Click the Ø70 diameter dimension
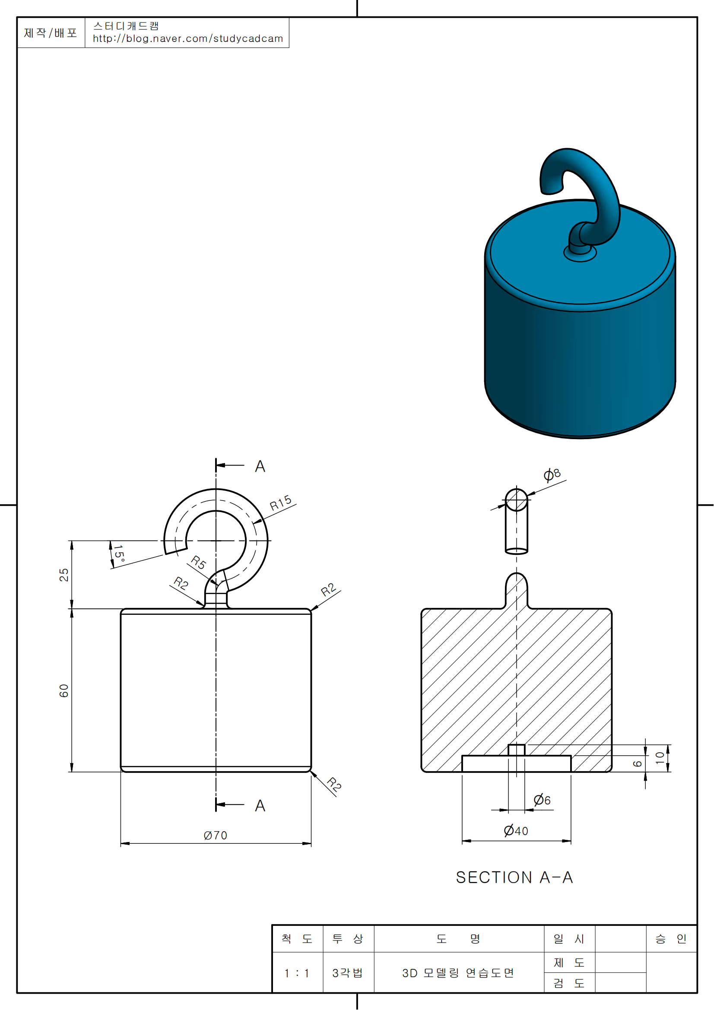pos(216,836)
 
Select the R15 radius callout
pos(281,503)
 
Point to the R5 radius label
pos(199,563)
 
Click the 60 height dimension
pos(64,690)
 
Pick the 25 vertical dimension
pos(64,575)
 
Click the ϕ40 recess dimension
pos(516,830)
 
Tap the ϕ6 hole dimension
pos(542,800)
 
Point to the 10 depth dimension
pos(660,757)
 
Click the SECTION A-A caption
pos(514,877)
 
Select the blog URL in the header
pos(188,39)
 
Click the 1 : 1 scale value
pos(297,973)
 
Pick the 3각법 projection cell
pos(348,973)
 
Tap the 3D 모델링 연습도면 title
pos(458,973)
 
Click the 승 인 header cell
pos(671,939)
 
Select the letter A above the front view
pos(260,466)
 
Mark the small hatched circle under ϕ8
pos(517,500)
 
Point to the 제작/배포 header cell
pos(51,33)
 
